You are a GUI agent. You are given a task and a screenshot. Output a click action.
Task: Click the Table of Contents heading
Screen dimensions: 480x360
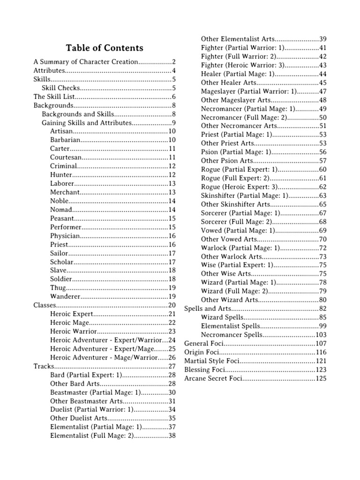(x=105, y=48)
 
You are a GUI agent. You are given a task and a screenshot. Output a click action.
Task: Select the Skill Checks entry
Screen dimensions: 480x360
(x=61, y=88)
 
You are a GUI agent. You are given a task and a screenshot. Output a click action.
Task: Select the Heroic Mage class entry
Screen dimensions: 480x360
(x=68, y=322)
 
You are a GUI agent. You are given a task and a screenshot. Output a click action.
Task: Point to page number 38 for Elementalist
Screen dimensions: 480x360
(x=172, y=435)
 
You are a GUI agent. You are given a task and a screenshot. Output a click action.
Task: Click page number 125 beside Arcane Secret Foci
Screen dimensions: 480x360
(x=321, y=378)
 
